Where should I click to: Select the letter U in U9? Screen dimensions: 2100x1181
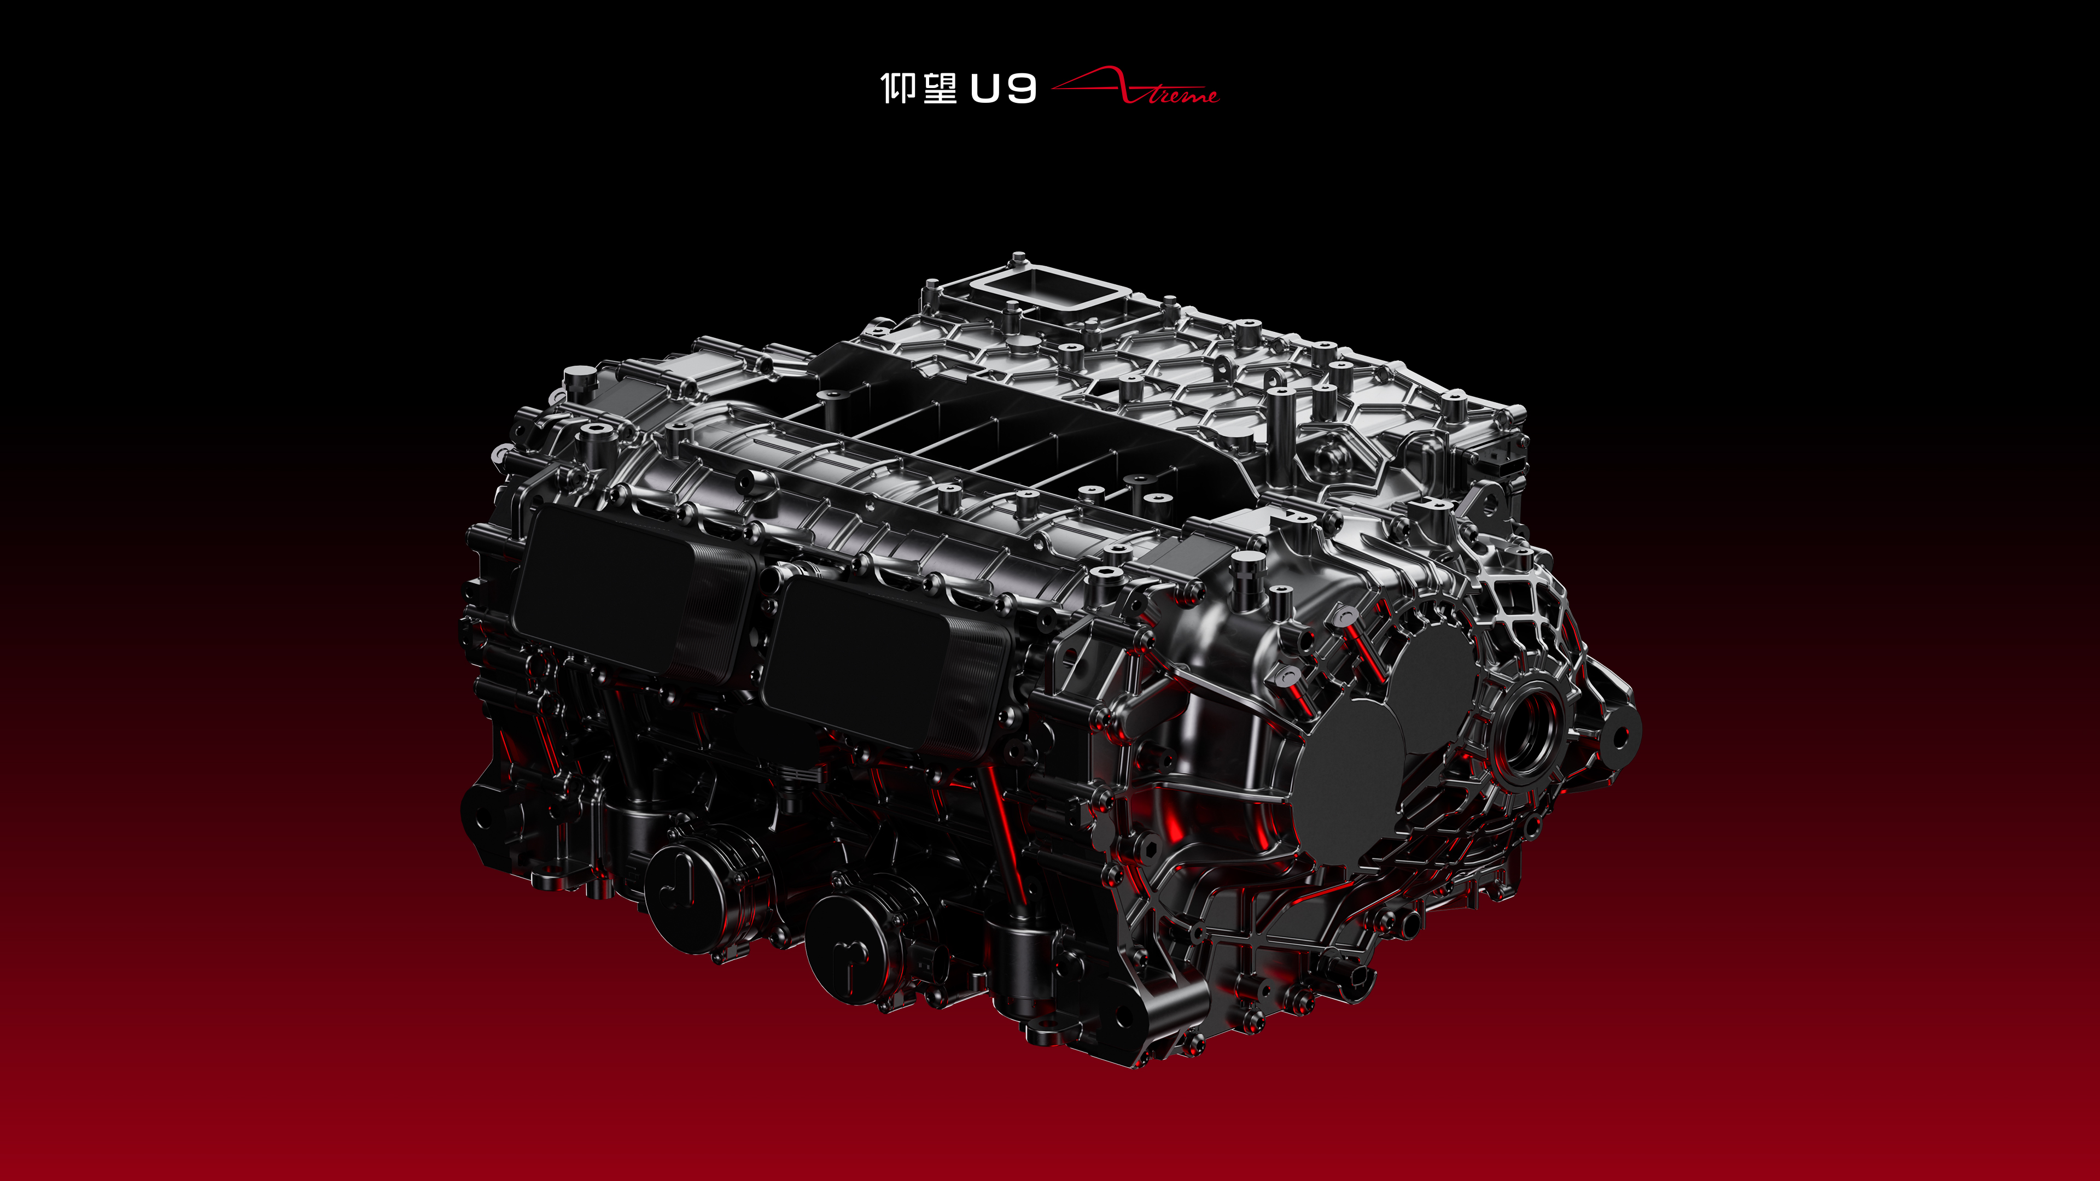tap(985, 89)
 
